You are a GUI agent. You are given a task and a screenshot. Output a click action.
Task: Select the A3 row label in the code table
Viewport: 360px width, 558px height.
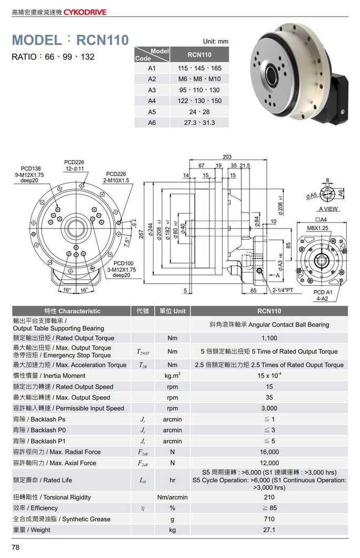[152, 90]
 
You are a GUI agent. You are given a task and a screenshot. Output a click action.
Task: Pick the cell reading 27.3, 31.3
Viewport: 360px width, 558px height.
[199, 123]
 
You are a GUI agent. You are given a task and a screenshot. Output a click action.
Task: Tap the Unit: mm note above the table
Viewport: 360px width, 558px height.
[215, 41]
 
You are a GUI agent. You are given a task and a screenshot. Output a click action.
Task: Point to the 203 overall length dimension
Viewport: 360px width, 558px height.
[227, 157]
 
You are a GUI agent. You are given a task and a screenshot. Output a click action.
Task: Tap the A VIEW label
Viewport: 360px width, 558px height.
[329, 209]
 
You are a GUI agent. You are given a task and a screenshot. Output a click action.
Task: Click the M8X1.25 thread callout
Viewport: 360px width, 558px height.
[317, 228]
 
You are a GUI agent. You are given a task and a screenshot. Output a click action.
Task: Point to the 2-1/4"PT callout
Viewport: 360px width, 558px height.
[283, 291]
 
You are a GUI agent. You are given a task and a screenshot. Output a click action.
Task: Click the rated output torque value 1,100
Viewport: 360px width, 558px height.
[269, 338]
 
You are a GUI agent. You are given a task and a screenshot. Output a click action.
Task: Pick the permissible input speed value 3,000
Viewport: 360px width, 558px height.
[269, 408]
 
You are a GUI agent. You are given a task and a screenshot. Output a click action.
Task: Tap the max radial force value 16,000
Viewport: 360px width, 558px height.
[269, 452]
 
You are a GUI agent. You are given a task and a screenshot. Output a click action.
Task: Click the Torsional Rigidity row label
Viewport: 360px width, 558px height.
[52, 497]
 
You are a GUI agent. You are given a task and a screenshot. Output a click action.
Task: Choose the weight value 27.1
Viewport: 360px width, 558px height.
[269, 530]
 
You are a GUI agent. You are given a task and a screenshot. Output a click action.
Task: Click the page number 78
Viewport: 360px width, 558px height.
[16, 547]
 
